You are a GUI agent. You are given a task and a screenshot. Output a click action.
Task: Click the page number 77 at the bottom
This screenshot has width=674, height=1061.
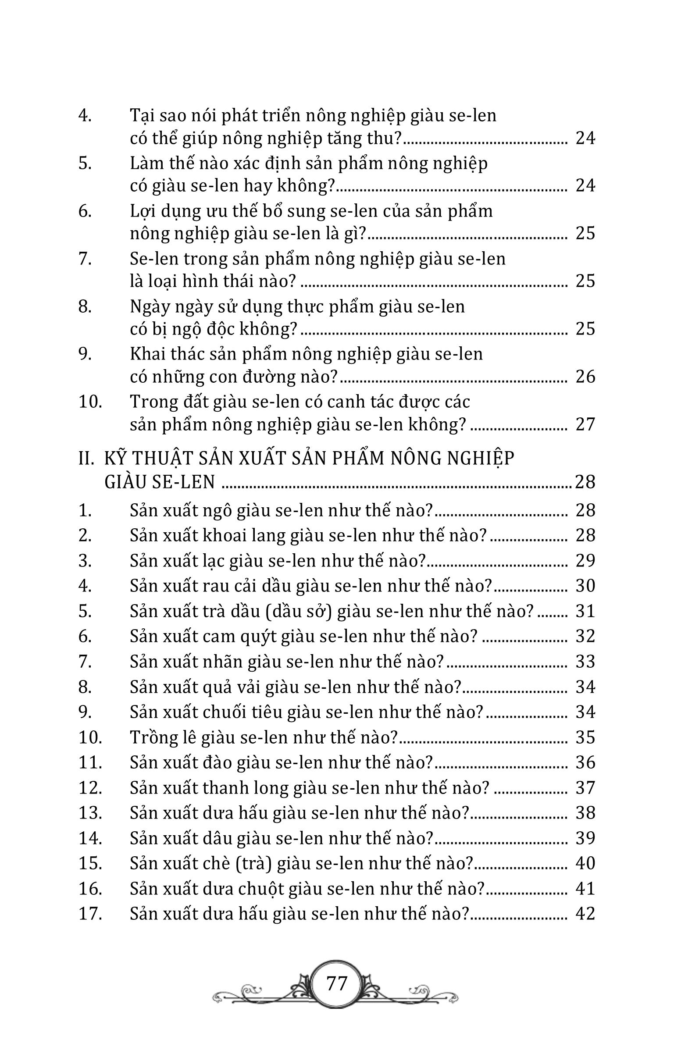tap(337, 983)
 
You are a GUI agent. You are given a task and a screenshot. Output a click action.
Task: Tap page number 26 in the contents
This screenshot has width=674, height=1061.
tap(585, 377)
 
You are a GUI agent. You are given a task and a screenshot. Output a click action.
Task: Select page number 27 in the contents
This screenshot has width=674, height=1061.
tap(585, 424)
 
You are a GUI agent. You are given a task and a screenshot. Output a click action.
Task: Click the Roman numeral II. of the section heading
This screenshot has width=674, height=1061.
tap(86, 459)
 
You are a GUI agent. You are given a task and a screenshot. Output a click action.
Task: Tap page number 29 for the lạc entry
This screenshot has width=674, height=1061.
tap(585, 560)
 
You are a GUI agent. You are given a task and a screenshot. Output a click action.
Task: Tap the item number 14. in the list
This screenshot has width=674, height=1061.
tap(90, 838)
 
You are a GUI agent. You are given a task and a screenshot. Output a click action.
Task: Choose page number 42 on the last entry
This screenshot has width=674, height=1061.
tap(585, 914)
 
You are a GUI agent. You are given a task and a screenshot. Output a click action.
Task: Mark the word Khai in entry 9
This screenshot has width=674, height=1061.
tap(148, 354)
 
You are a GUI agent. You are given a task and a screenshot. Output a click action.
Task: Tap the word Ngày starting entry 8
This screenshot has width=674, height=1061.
tap(151, 306)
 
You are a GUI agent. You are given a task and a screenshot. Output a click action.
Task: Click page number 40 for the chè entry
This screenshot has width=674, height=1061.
tap(585, 863)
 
